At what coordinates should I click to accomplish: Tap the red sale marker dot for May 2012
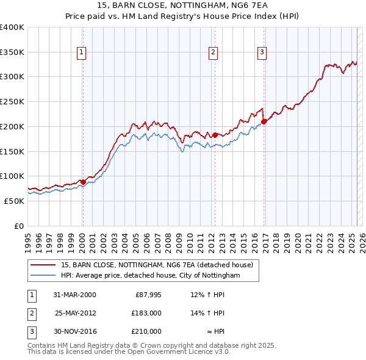click(215, 134)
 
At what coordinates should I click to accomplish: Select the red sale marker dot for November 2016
click(264, 121)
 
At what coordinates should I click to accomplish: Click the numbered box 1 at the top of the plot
click(82, 53)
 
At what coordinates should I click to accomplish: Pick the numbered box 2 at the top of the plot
click(213, 53)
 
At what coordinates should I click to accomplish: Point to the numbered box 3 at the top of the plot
click(262, 53)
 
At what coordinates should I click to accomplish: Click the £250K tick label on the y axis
click(12, 102)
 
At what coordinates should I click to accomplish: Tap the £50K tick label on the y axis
click(15, 201)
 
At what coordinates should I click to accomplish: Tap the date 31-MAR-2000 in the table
click(74, 295)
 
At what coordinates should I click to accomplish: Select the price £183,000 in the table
click(146, 313)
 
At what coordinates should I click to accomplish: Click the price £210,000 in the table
click(146, 331)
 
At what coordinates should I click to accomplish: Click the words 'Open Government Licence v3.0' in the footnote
click(181, 352)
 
